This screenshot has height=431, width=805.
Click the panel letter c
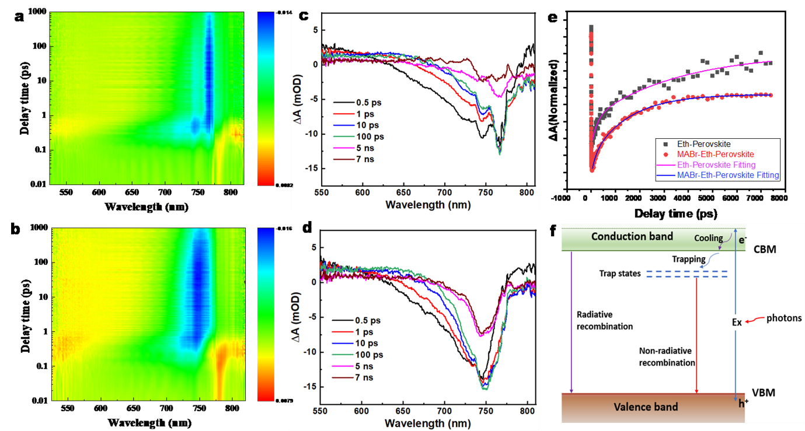click(304, 16)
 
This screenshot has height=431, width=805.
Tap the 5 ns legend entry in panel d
click(358, 367)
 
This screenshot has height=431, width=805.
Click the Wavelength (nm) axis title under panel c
click(428, 205)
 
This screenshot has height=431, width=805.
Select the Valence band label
click(646, 407)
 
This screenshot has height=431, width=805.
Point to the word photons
click(786, 318)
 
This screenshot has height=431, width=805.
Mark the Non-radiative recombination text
click(667, 357)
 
